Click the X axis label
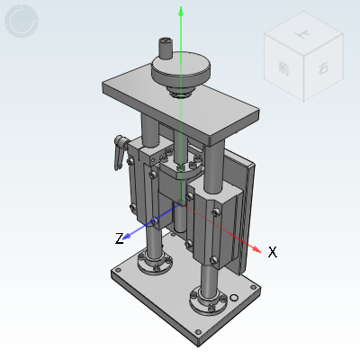[x=272, y=252]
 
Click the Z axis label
[x=119, y=238]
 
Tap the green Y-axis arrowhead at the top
[x=182, y=11]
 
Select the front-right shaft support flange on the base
[x=209, y=298]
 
